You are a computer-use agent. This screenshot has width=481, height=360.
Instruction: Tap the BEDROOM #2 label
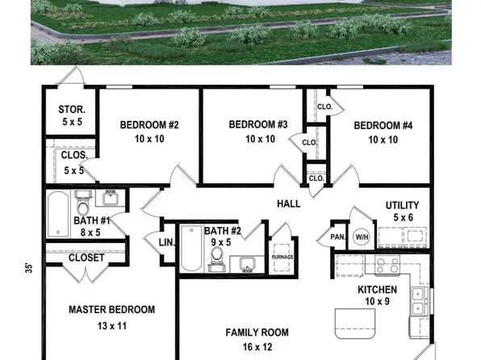[149, 125]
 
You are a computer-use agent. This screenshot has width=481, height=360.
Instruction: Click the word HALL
[289, 203]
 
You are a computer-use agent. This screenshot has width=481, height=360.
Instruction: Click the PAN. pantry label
[337, 237]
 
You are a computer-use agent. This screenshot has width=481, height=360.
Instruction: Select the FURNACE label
[282, 257]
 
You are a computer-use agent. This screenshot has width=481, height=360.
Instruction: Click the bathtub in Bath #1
[57, 214]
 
